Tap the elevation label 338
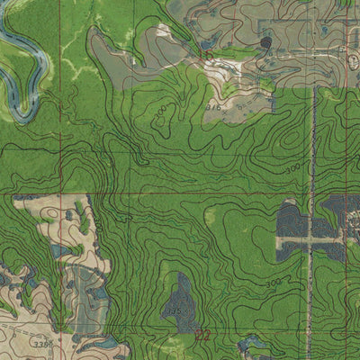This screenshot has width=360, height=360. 37,343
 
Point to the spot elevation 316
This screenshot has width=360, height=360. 214,105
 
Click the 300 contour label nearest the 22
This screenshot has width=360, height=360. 273,284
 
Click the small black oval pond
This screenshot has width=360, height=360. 266,41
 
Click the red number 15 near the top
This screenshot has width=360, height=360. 206,56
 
